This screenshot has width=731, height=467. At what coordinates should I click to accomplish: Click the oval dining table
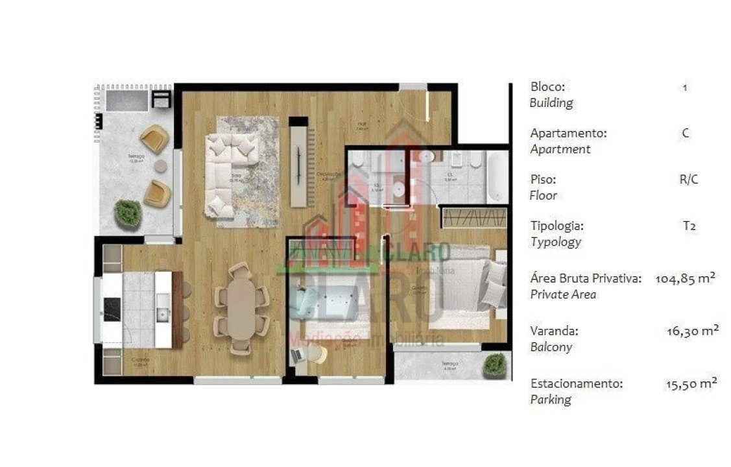[241, 309]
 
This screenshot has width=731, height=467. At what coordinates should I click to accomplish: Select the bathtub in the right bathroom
[497, 177]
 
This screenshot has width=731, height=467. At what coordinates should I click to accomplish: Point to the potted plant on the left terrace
[128, 213]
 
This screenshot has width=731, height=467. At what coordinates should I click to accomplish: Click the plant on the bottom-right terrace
[495, 365]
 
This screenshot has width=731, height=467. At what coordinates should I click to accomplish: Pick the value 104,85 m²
[685, 279]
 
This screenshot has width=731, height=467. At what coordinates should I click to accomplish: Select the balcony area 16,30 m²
[691, 331]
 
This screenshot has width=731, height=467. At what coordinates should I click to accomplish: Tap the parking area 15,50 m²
[691, 384]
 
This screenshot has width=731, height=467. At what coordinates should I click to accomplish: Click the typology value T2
[689, 226]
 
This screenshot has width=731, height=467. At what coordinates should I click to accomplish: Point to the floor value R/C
[688, 180]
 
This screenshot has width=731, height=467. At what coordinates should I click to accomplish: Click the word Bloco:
[548, 86]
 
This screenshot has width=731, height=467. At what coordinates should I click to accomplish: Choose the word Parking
[551, 400]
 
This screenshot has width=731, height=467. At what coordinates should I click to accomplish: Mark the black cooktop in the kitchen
[112, 308]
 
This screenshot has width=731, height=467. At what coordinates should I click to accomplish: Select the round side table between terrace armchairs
[160, 167]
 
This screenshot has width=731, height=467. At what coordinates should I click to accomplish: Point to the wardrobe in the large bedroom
[474, 217]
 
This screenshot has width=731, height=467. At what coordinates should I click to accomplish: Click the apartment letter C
[686, 134]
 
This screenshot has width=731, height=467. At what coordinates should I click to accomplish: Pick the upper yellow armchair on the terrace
[154, 138]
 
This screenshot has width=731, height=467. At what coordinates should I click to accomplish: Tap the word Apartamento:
[568, 133]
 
